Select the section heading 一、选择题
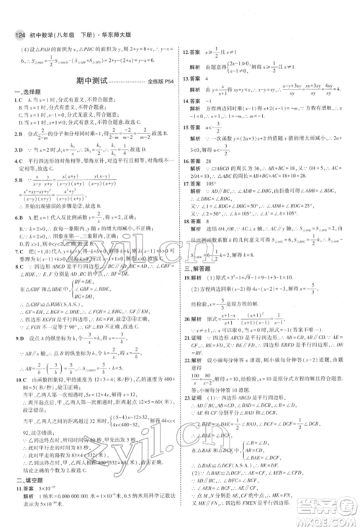click(27, 91)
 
